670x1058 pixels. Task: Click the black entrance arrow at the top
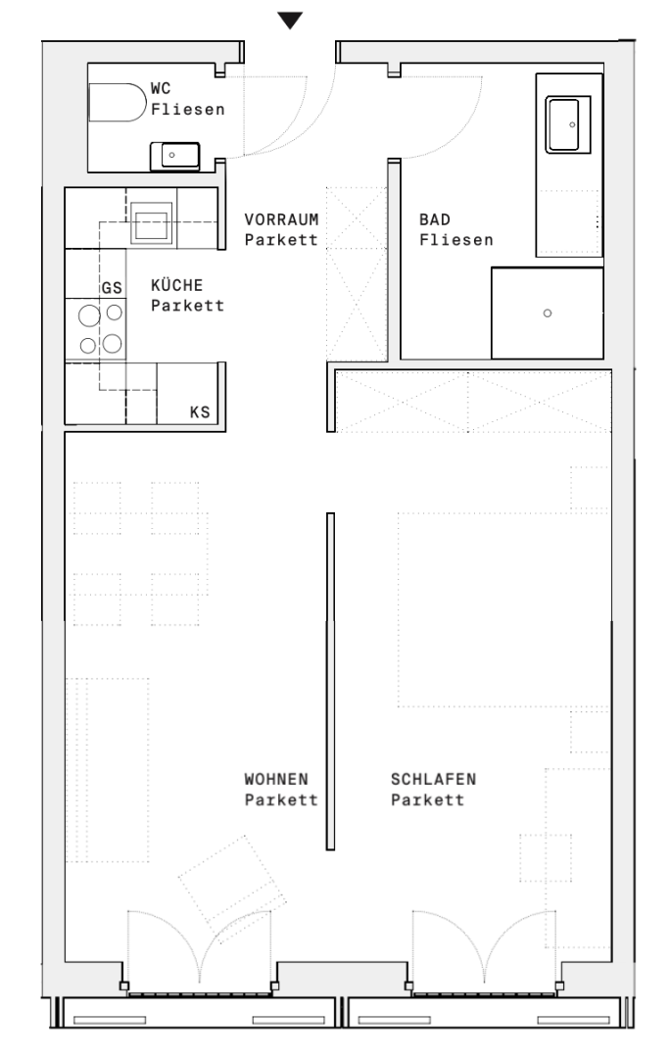290,21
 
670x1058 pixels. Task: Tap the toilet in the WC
117,103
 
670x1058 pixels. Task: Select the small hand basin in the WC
174,156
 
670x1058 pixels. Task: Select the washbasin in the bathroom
568,124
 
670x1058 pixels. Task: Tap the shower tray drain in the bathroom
548,313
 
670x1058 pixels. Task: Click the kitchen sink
150,222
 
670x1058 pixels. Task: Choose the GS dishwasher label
112,288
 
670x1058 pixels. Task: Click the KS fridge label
200,412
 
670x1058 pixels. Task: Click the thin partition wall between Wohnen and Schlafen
331,682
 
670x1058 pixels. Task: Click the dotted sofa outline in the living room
148,770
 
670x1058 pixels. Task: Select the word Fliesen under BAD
456,240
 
